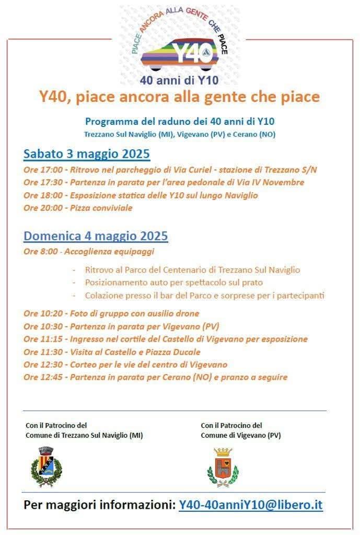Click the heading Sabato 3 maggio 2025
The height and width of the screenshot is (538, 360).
click(x=87, y=154)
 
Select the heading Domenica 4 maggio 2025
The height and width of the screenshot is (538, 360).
click(x=96, y=236)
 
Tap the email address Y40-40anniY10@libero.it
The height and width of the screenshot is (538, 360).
click(x=251, y=505)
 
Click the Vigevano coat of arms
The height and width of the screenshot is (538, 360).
click(x=222, y=467)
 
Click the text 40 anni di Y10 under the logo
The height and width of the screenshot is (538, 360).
click(x=179, y=80)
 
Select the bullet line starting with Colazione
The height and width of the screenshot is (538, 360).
click(x=204, y=296)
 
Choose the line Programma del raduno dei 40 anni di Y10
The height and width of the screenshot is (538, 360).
click(x=180, y=121)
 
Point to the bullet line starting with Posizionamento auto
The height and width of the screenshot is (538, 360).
click(x=173, y=283)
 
